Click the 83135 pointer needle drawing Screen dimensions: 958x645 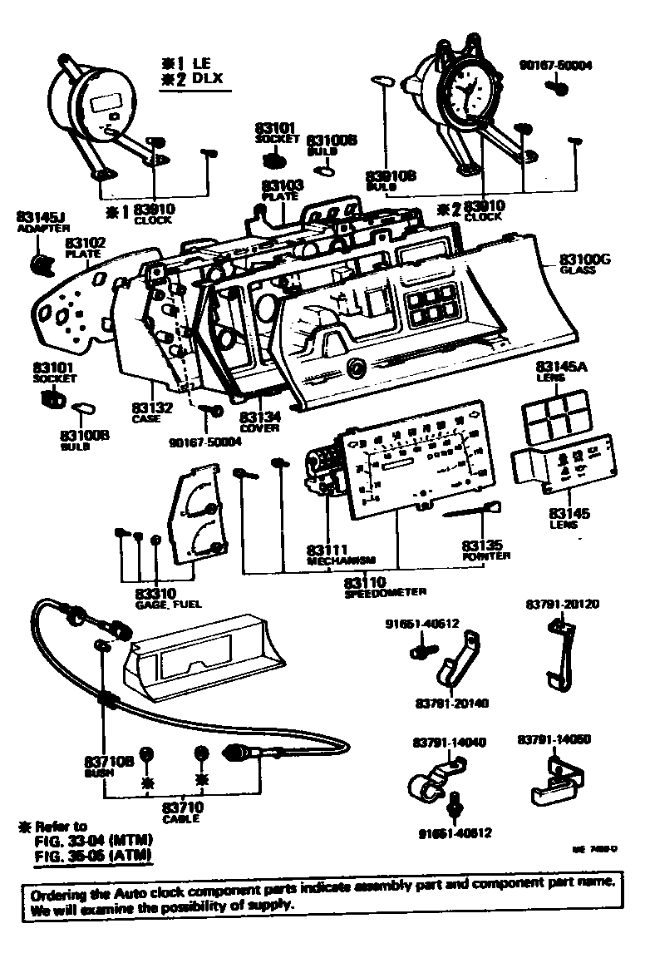472,511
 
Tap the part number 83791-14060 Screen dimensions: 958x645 554,738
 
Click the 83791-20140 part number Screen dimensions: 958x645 451,703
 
